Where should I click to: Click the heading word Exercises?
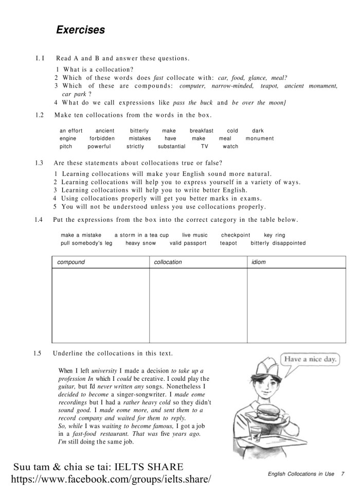(x=81, y=30)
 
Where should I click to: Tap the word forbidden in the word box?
(x=101, y=138)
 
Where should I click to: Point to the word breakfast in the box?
(x=201, y=131)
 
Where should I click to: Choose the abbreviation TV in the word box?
(x=204, y=147)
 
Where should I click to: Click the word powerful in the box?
(x=99, y=147)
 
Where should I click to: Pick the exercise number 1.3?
(x=39, y=163)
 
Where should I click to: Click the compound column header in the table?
(x=71, y=262)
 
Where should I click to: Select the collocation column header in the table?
(x=168, y=262)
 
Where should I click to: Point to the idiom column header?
(x=258, y=262)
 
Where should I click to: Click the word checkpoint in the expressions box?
(x=236, y=235)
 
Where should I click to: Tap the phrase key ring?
(x=274, y=235)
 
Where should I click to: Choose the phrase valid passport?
(x=188, y=243)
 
